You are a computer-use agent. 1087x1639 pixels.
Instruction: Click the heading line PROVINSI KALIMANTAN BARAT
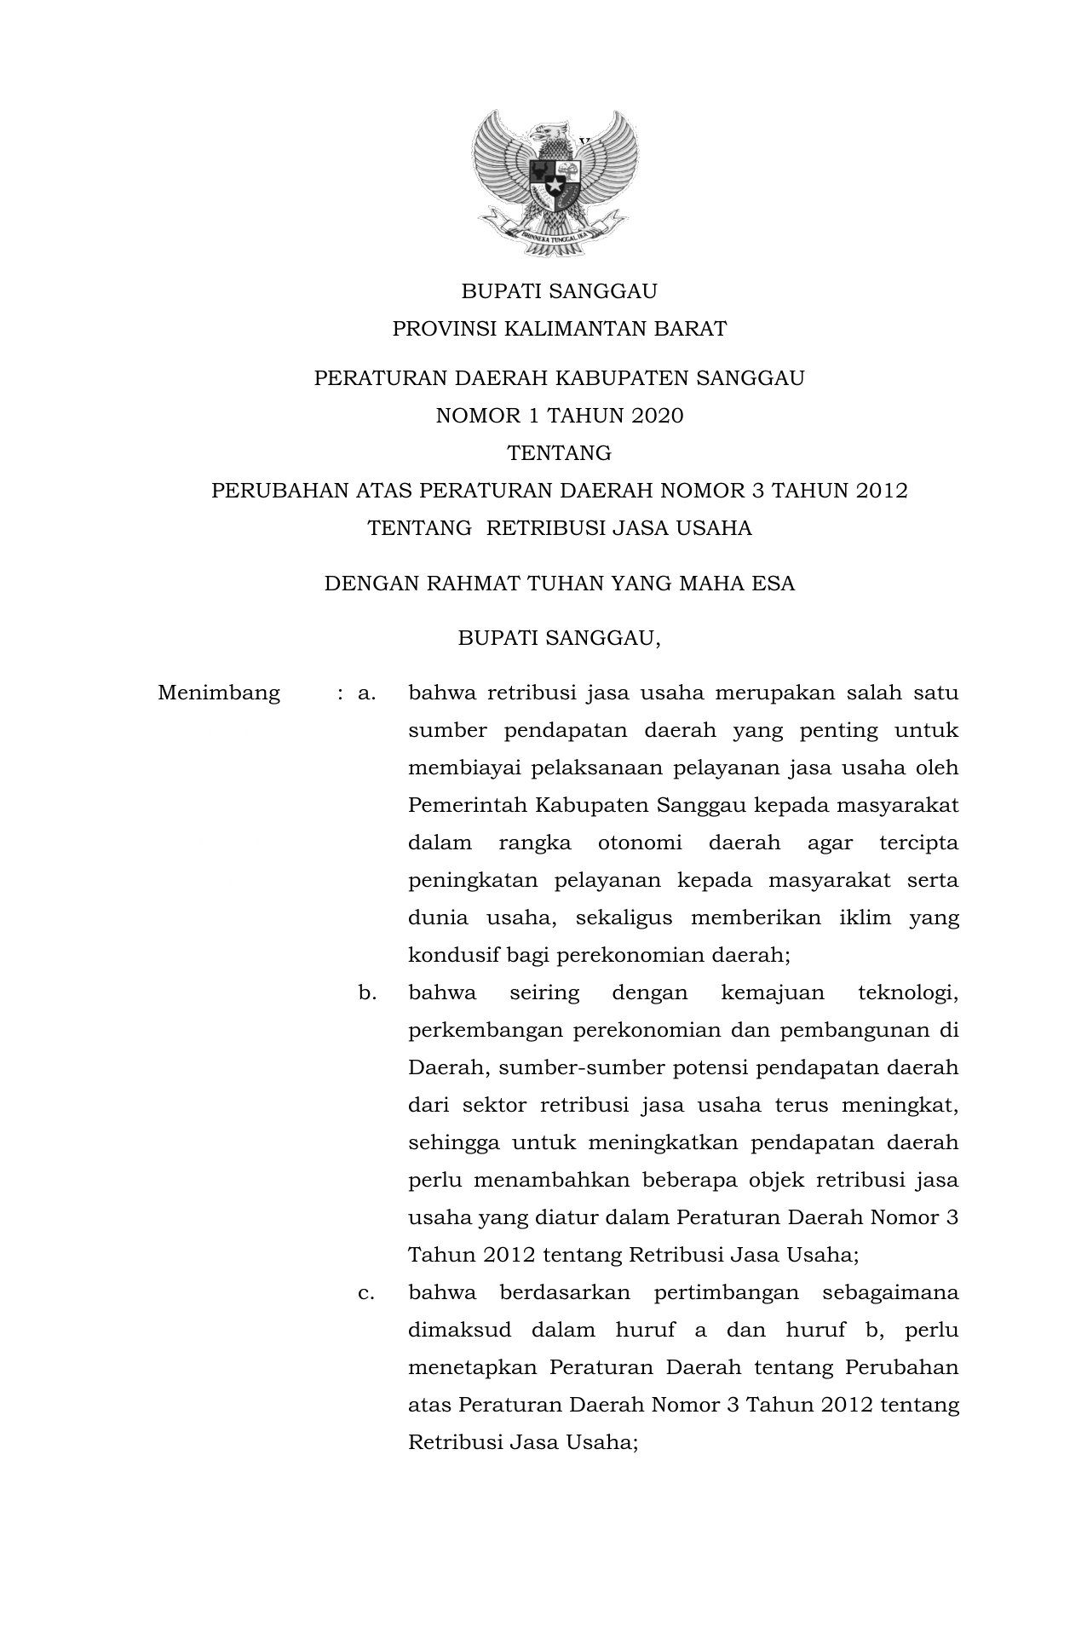559,329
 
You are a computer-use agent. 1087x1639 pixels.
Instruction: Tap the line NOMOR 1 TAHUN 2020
559,416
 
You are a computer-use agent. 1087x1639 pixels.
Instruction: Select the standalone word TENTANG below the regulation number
559,453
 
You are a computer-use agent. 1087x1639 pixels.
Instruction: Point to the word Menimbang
219,693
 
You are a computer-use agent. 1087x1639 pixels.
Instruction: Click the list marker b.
367,992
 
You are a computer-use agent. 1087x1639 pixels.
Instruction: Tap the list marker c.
366,1292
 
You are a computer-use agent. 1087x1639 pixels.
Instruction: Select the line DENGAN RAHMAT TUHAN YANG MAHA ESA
559,584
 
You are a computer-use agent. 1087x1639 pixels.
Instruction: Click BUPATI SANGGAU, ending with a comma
559,638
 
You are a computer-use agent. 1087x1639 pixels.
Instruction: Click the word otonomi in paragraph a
639,843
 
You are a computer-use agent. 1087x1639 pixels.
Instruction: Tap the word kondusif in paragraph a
453,955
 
